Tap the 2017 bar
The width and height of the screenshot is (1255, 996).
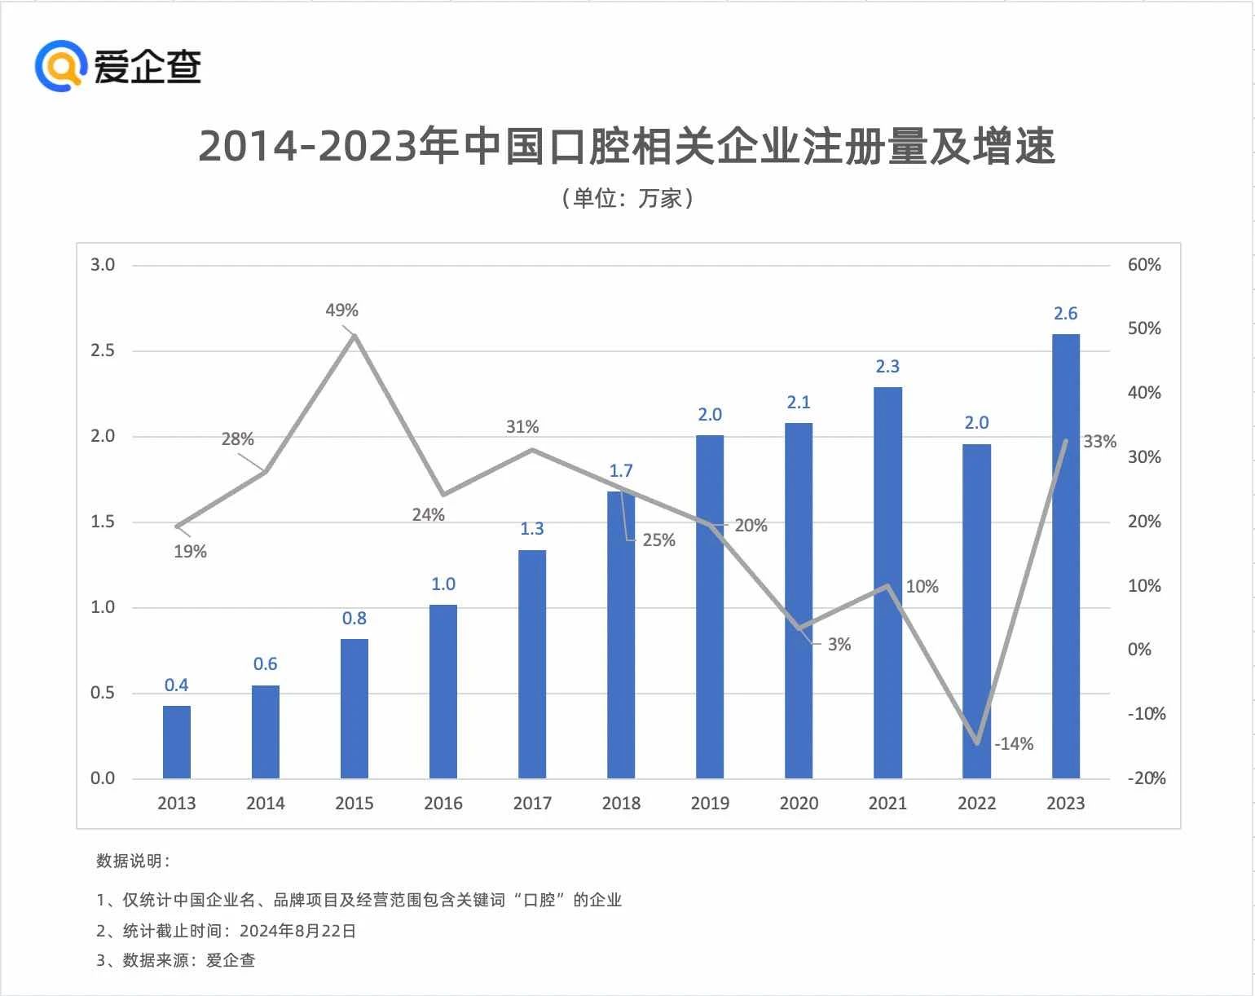(532, 664)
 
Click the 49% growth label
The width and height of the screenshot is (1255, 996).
(341, 311)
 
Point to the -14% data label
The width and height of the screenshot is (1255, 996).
(1014, 743)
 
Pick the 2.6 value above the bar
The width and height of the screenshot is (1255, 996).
(1065, 314)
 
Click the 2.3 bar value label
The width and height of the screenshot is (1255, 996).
(887, 367)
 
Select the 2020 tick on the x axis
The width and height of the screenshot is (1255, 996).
(799, 804)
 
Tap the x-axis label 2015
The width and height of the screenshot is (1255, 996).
(354, 804)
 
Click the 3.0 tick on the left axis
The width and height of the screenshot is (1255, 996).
(103, 265)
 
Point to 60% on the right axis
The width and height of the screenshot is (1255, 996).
(1144, 265)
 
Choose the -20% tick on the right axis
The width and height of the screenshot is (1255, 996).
(1146, 778)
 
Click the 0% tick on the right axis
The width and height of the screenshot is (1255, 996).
(1139, 650)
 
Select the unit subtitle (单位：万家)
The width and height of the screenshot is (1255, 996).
(627, 198)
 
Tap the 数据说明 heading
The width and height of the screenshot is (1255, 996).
(133, 862)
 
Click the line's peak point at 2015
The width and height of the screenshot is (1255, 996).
(354, 335)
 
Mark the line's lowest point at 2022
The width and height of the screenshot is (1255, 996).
(977, 743)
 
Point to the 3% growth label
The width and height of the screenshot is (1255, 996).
(839, 645)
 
